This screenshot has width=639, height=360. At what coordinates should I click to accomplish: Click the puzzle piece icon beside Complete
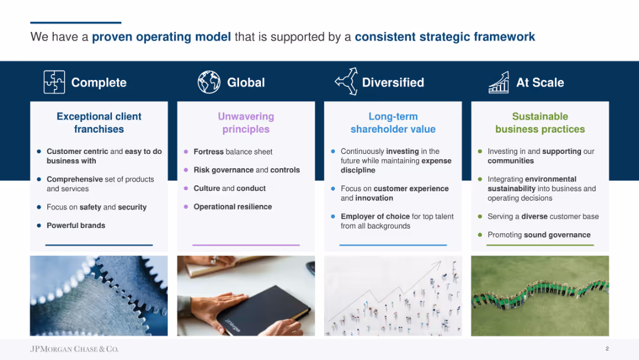54,82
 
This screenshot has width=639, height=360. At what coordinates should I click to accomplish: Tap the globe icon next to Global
209,82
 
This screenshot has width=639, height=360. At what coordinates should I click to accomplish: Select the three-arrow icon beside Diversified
346,82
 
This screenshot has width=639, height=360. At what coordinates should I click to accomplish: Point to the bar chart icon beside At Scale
499,82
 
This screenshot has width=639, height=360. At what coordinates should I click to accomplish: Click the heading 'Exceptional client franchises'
99,123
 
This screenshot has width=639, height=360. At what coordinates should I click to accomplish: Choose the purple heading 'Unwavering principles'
246,123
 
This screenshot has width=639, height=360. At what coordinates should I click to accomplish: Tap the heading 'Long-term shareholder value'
393,123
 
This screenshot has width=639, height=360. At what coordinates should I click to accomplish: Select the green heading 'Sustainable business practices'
540,123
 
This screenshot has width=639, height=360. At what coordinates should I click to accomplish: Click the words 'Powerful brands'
76,226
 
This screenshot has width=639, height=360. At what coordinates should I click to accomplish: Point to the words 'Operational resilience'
233,207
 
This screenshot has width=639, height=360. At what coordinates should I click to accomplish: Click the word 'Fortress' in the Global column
209,152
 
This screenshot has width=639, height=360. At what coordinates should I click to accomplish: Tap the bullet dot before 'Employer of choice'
333,217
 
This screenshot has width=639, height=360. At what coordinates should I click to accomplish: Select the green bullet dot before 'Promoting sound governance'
480,235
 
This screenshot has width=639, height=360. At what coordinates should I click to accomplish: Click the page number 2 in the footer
607,349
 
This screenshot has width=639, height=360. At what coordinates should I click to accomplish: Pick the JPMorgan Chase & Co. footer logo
74,349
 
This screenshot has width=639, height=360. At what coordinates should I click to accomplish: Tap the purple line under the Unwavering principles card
246,245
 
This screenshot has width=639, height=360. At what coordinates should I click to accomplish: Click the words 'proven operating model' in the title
162,37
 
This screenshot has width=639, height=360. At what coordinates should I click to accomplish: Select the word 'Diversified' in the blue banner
393,82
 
